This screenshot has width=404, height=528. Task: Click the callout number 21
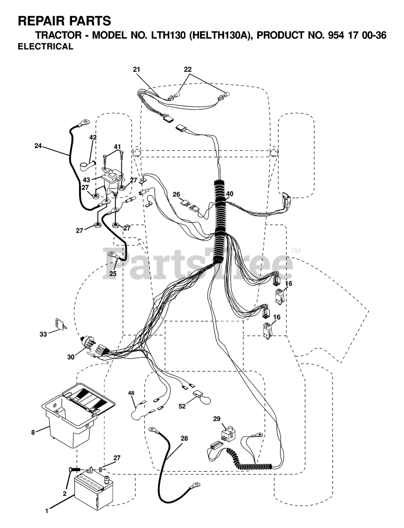[137, 70]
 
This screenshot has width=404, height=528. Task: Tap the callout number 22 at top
[188, 70]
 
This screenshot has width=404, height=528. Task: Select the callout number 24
[38, 145]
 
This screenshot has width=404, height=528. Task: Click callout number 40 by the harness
[229, 194]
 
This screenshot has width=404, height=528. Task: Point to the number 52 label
[182, 406]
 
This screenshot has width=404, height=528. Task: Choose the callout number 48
[131, 393]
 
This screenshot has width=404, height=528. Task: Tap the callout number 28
[184, 438]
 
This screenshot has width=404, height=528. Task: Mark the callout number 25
[113, 273]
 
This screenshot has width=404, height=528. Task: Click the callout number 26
[177, 194]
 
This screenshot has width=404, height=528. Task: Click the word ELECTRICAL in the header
[45, 47]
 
